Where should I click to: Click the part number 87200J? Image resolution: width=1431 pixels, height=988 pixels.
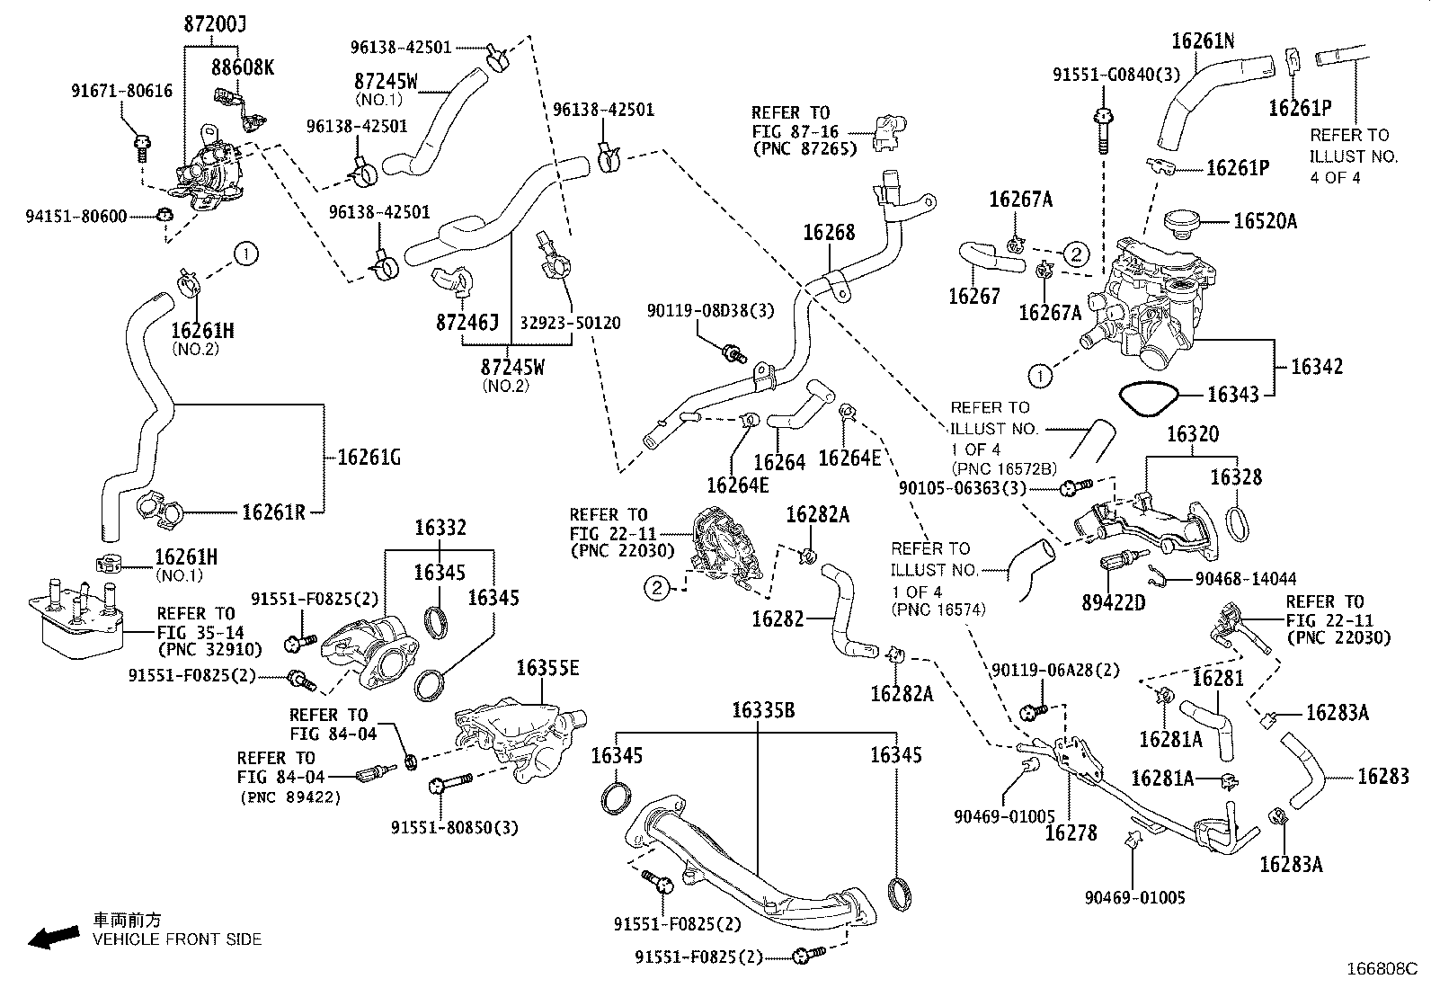click(214, 26)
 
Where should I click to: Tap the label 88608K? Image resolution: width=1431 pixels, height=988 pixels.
click(244, 67)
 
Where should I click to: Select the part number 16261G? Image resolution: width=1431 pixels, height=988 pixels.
click(369, 458)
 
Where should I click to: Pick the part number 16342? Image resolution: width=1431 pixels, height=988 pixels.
click(1317, 366)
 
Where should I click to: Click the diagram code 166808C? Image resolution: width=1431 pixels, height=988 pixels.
click(1381, 969)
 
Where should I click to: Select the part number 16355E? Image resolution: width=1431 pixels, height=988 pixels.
click(547, 668)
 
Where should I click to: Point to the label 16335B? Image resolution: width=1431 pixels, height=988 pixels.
click(763, 710)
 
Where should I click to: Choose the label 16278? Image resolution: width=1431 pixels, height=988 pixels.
click(1071, 833)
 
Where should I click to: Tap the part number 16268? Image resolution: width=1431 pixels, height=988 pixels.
click(829, 233)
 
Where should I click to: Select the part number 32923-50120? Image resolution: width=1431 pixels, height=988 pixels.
click(571, 322)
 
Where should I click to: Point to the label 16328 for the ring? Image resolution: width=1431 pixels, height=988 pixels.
click(1236, 477)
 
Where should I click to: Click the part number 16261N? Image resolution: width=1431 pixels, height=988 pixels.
click(1203, 40)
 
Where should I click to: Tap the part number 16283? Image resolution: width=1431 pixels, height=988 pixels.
click(1382, 775)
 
